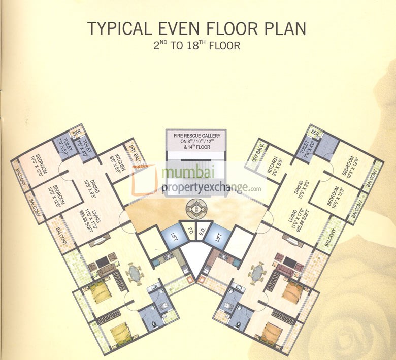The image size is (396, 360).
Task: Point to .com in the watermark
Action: coord(255,189)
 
